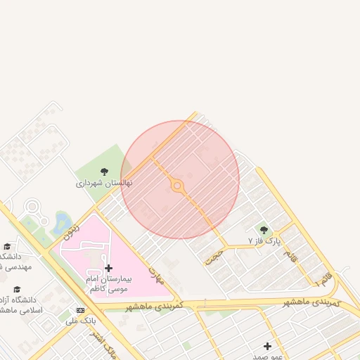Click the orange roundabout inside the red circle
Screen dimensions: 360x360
[177, 187]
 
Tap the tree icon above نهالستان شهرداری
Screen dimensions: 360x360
[104, 172]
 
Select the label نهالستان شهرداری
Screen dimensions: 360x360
[104, 183]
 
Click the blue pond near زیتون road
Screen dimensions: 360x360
[58, 224]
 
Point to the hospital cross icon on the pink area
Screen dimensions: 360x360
[108, 268]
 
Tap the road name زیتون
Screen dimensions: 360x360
[72, 231]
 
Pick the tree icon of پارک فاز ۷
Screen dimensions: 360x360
[264, 230]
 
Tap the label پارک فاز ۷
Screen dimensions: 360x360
[264, 240]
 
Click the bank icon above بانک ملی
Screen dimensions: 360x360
[80, 310]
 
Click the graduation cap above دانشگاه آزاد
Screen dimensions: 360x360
[17, 289]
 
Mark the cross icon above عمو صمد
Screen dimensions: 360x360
[267, 346]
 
